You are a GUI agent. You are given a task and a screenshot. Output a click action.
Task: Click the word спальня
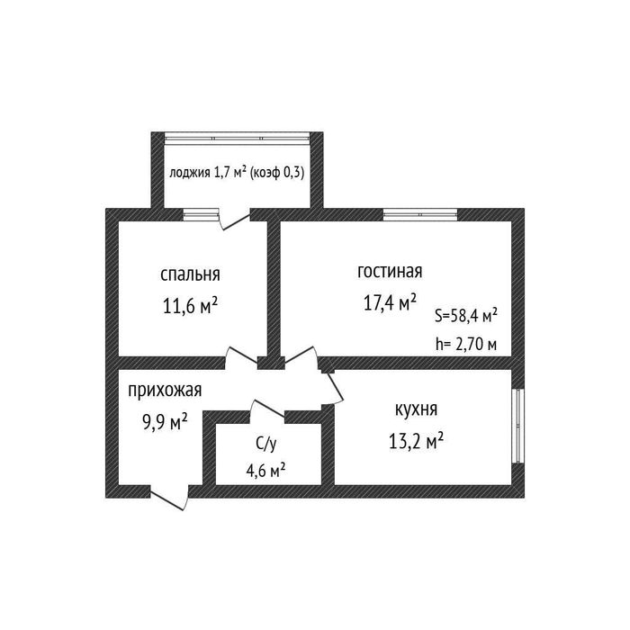click(x=190, y=274)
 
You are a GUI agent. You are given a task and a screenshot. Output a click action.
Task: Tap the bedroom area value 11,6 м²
click(x=190, y=306)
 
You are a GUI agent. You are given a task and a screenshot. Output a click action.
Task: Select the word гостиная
click(x=390, y=271)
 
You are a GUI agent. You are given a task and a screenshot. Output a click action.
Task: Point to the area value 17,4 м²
click(x=390, y=302)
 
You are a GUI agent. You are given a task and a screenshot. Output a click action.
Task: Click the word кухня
click(x=416, y=409)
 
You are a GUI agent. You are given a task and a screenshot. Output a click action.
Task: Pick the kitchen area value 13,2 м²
click(x=416, y=441)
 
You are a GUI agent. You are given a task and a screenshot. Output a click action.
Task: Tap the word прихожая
click(x=165, y=390)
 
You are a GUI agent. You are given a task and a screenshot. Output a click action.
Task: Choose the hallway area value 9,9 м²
click(x=165, y=422)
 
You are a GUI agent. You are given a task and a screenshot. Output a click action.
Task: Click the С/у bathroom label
click(x=266, y=444)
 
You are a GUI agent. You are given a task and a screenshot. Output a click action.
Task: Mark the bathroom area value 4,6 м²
click(x=265, y=470)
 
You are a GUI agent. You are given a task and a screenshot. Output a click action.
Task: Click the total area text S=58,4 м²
click(x=466, y=316)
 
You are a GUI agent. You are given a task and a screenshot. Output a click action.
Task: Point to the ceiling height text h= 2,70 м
click(x=466, y=345)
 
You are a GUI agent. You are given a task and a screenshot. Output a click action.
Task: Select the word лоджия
click(x=189, y=173)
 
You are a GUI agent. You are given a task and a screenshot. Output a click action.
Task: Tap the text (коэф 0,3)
click(x=277, y=173)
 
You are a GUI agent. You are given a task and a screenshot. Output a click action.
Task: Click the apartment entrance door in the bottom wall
click(x=169, y=497)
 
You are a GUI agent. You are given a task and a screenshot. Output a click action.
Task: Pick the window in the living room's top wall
click(x=420, y=214)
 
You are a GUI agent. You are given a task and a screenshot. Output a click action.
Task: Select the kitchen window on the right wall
click(x=518, y=426)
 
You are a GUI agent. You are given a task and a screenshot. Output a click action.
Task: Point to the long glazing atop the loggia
click(x=238, y=138)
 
